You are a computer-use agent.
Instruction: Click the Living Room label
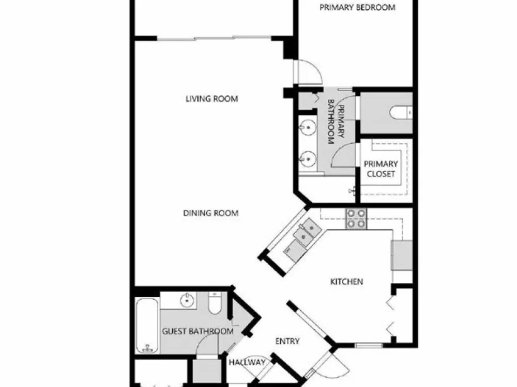pyautogui.click(x=211, y=99)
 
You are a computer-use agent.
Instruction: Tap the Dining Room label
pyautogui.click(x=211, y=213)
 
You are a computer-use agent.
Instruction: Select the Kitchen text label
pyautogui.click(x=346, y=282)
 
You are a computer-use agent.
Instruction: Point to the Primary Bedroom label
pyautogui.click(x=357, y=7)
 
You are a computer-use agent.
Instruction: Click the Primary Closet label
pyautogui.click(x=381, y=169)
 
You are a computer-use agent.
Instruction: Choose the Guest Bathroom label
pyautogui.click(x=198, y=331)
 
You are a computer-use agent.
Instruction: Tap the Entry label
pyautogui.click(x=287, y=342)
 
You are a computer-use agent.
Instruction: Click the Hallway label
pyautogui.click(x=247, y=362)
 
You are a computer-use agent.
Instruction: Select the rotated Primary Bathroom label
pyautogui.click(x=336, y=122)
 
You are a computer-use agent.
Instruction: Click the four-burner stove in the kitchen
pyautogui.click(x=356, y=219)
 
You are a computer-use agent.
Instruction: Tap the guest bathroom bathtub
pyautogui.click(x=147, y=325)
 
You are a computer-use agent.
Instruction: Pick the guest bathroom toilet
pyautogui.click(x=215, y=303)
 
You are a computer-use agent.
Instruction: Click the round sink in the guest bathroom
pyautogui.click(x=187, y=300)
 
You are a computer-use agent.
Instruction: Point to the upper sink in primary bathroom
pyautogui.click(x=308, y=127)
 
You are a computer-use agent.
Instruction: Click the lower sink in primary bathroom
pyautogui.click(x=308, y=158)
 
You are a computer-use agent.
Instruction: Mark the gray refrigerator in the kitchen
pyautogui.click(x=402, y=256)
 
